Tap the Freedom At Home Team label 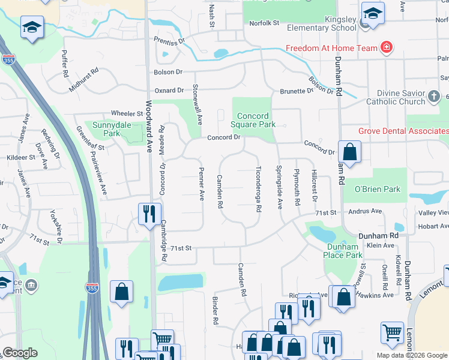point(331,48)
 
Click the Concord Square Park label point(256,120)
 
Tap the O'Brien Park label point(377,189)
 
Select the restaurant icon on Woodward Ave point(148,213)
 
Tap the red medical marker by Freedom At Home point(387,48)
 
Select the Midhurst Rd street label point(83,79)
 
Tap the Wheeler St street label point(124,113)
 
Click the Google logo point(20,353)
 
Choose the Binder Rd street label point(214,311)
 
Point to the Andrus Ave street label point(365,211)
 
